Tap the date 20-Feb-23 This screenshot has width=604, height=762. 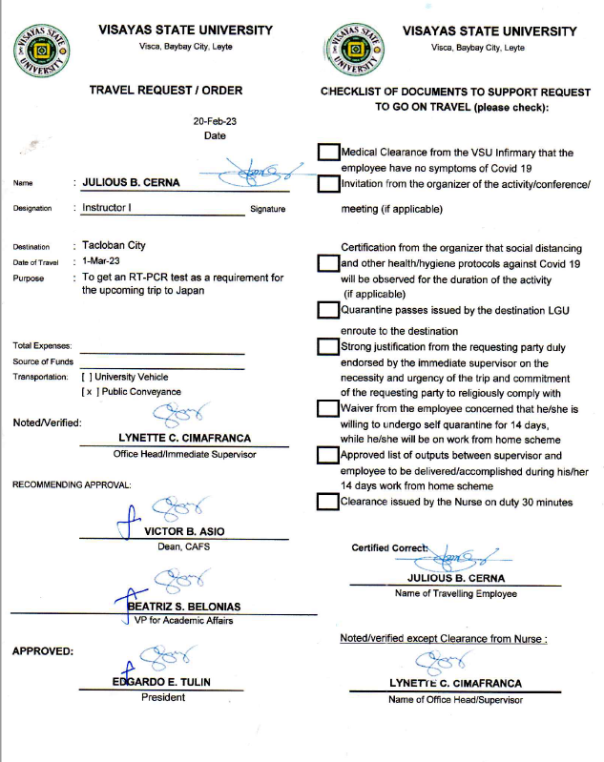point(216,122)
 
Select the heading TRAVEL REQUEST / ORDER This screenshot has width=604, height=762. point(166,91)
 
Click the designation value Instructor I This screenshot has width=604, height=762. point(107,207)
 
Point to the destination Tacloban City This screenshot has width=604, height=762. point(114,245)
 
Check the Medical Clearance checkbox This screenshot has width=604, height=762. point(328,153)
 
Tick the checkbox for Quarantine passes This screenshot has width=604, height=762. point(328,309)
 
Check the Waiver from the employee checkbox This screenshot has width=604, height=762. point(328,409)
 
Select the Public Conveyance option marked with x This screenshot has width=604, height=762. point(88,392)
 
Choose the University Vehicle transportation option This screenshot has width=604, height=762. point(88,377)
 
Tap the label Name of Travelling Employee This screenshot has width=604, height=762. point(455,593)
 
